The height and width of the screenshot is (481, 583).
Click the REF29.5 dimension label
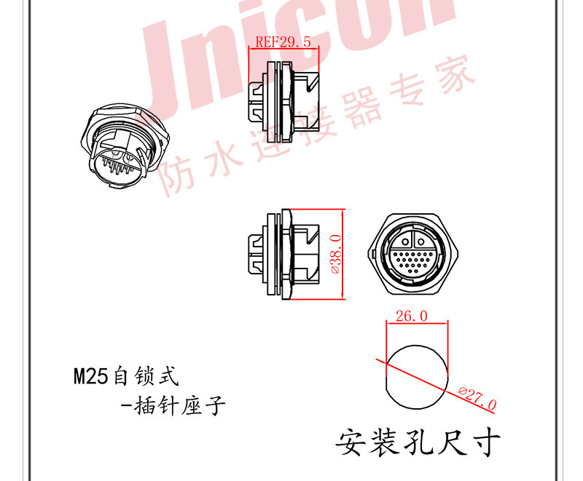(x=283, y=43)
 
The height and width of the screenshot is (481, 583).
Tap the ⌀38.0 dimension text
(x=336, y=254)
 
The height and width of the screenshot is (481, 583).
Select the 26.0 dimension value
(x=412, y=317)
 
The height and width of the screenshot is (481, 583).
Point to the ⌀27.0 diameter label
(x=478, y=397)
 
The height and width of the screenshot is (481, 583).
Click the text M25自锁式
(x=125, y=377)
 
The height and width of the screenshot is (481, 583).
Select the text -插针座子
(x=172, y=406)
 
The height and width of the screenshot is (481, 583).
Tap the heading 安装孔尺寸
(x=418, y=441)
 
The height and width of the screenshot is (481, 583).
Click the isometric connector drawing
(x=117, y=146)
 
